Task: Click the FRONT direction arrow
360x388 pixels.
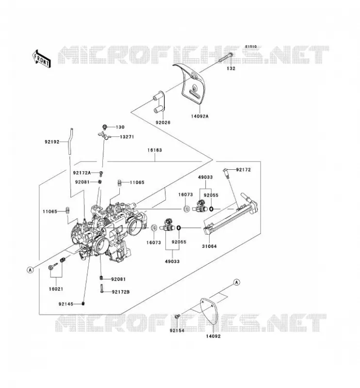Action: pos(42,59)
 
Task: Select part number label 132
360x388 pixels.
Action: pos(231,68)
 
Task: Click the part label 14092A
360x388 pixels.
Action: pos(199,116)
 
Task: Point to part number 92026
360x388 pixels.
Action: pos(163,123)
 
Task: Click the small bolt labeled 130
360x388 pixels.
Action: pos(105,127)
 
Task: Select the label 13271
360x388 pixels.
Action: pos(127,137)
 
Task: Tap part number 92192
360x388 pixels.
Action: pos(52,142)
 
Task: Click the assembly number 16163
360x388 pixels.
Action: pos(155,150)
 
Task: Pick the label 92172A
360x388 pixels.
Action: pos(82,173)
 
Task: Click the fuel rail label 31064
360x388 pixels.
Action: pos(209,246)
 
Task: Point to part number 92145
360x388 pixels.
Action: pos(66,304)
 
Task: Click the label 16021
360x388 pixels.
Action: pos(56,289)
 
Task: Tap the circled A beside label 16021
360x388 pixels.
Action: pos(30,270)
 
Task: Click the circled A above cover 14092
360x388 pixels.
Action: pos(237,282)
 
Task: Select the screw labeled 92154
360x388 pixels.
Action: pos(177,317)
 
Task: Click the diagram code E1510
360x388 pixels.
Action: pos(251,47)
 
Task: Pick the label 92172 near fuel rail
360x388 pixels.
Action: pos(244,170)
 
